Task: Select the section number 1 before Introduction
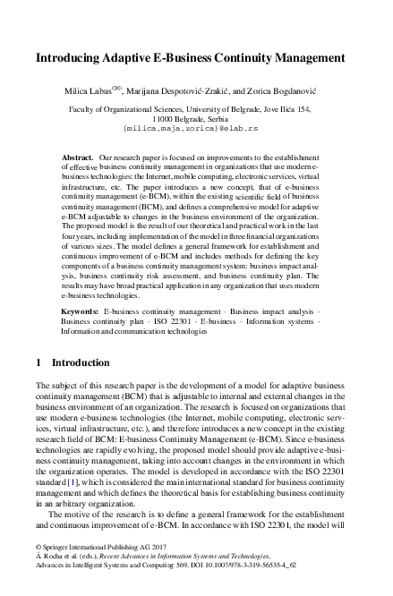[37, 363]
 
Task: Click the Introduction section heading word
[81, 363]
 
